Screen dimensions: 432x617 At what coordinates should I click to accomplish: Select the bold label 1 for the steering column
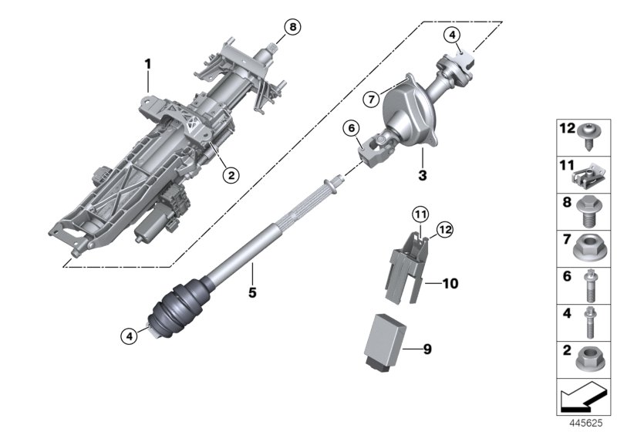pos(148,62)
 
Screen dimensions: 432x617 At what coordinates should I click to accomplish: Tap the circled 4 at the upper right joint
pos(453,34)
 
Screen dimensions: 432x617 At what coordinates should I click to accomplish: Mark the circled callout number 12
pos(443,228)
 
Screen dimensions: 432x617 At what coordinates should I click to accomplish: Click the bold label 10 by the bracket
pos(450,284)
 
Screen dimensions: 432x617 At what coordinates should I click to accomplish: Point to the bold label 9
pos(427,349)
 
